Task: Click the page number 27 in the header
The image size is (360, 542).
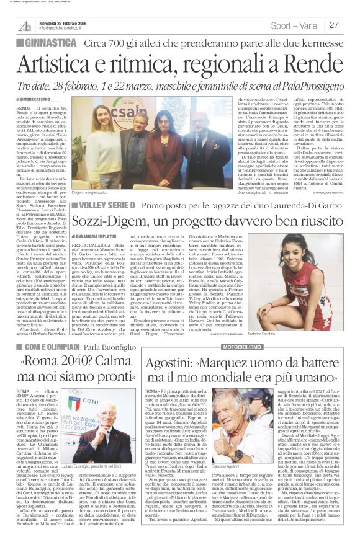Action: click(x=335, y=25)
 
